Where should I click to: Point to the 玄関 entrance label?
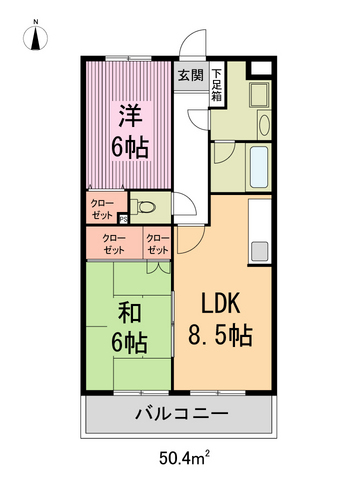190,75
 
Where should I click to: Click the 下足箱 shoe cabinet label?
216,83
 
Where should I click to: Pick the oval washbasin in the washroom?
263,125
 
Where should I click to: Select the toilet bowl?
145,208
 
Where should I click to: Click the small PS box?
123,219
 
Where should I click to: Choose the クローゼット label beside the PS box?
102,208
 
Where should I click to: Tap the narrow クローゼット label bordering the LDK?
157,244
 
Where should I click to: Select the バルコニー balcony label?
180,413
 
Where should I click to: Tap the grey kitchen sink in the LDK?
259,251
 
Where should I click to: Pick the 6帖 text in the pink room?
130,148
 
